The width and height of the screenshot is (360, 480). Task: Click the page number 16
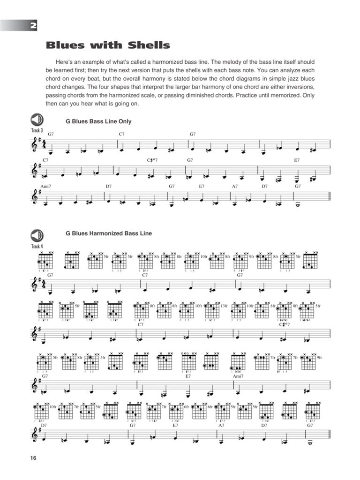point(31,457)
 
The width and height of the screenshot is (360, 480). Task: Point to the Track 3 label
point(37,130)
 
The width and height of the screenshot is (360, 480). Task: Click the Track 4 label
point(37,246)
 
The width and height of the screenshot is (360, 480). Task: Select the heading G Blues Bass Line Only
point(98,121)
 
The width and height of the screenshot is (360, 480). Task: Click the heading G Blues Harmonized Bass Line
point(109,233)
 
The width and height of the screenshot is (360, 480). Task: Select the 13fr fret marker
point(225,306)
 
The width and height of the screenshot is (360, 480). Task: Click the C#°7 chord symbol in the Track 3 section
point(151,160)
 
